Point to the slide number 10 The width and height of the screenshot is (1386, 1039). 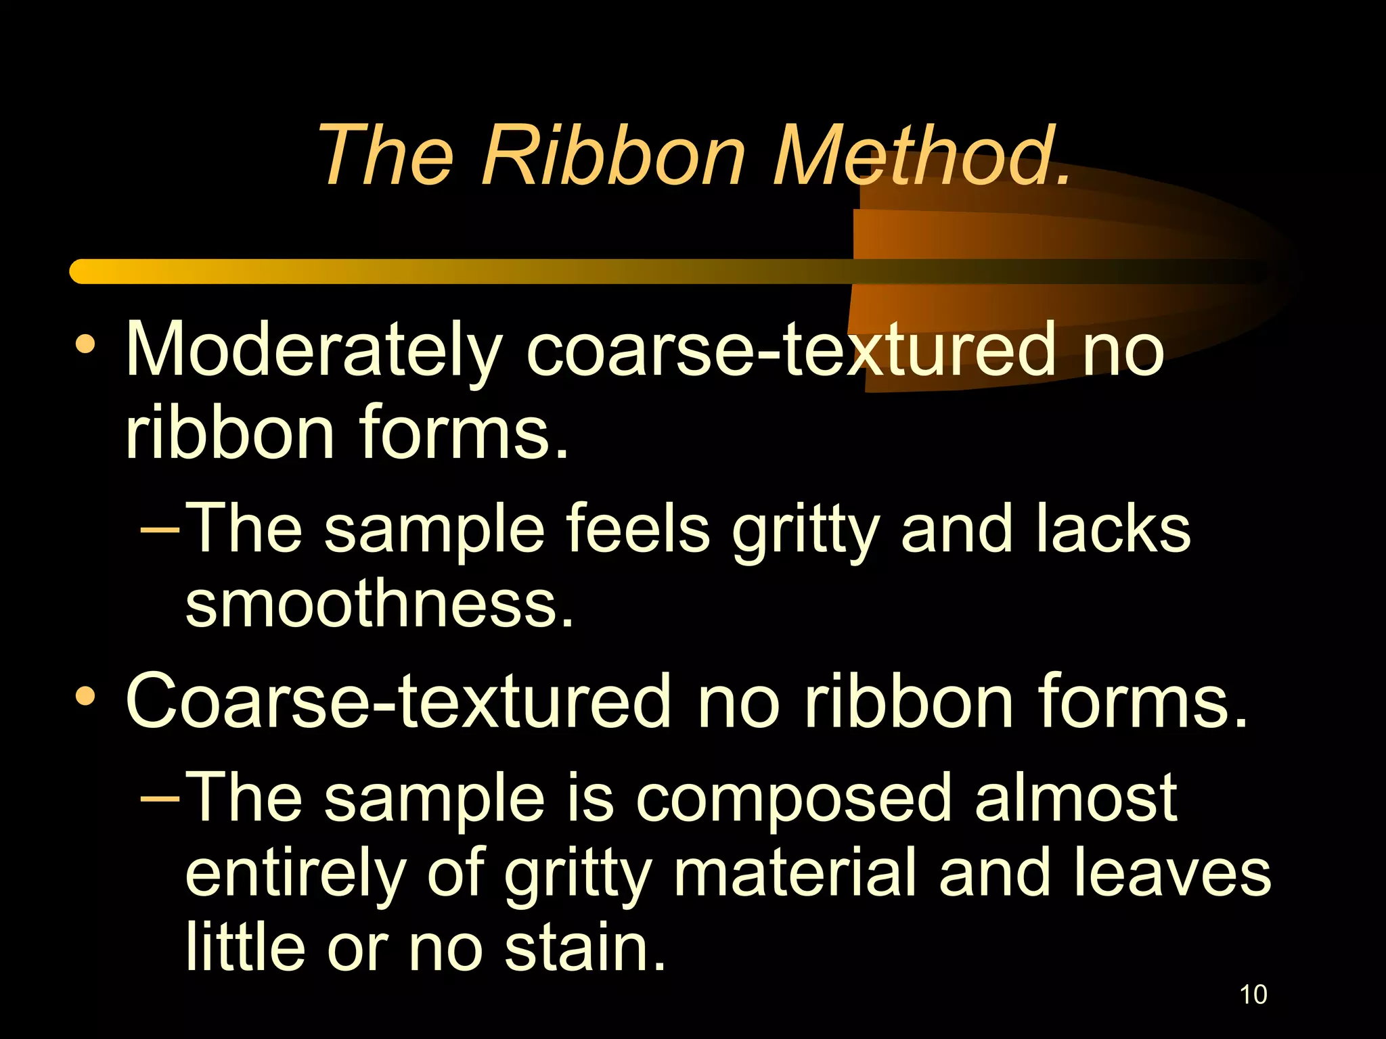pyautogui.click(x=1253, y=995)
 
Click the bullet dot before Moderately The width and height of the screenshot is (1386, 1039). pyautogui.click(x=85, y=344)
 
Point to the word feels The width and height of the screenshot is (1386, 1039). pyautogui.click(x=638, y=530)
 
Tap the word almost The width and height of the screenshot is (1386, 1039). pyautogui.click(x=1076, y=799)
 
